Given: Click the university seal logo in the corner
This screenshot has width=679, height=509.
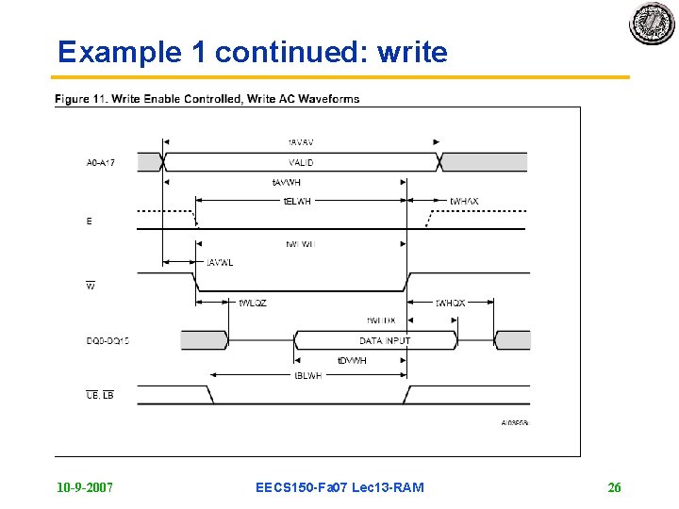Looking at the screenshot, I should (x=653, y=24).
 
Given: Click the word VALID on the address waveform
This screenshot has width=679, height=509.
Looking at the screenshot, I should (x=302, y=163).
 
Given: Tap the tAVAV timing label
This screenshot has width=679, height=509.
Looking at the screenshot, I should (x=301, y=142).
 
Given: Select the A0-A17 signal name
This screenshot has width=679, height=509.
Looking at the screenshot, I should (x=101, y=163).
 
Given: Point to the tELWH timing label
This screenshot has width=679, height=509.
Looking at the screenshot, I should (x=297, y=201).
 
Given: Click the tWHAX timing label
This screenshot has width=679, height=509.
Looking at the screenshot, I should (x=463, y=201).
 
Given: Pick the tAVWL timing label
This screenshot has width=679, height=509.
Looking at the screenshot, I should (x=220, y=262).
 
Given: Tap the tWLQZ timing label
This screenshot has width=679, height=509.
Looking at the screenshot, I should (x=253, y=304).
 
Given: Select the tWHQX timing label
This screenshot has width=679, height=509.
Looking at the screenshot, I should (x=450, y=304).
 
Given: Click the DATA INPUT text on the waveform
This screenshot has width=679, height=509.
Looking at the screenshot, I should (x=385, y=340).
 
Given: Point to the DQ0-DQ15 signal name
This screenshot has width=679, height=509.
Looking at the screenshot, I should (x=108, y=340).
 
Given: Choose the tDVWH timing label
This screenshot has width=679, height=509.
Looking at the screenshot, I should (x=352, y=360).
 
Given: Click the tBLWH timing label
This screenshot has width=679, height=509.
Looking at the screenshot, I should (x=307, y=374).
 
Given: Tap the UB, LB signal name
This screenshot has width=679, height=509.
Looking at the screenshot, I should (x=99, y=395).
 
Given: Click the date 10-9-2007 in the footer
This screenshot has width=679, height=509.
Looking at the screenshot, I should (x=85, y=487).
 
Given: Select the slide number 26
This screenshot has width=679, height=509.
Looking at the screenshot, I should (x=614, y=487).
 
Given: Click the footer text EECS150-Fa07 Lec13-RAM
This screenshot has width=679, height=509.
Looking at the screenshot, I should (x=339, y=487).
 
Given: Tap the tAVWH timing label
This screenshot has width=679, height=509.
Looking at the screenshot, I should (x=286, y=181).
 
